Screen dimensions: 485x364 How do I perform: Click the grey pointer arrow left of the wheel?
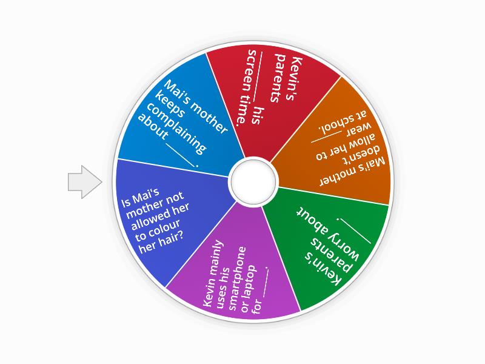[84, 181]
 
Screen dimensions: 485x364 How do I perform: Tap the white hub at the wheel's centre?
[253, 181]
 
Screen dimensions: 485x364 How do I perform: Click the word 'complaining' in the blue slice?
[173, 124]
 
